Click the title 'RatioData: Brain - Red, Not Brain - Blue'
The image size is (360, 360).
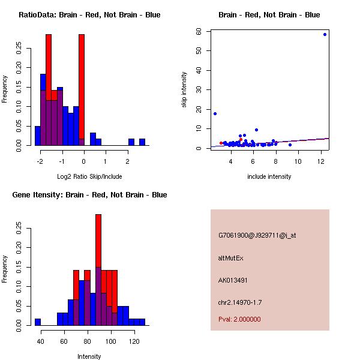click(x=89, y=15)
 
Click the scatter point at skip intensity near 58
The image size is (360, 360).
click(x=325, y=34)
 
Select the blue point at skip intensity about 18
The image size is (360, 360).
click(x=215, y=113)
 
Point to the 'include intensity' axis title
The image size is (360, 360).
click(x=269, y=176)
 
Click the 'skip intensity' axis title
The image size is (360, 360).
click(x=184, y=89)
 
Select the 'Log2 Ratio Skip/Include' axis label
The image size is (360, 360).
click(x=89, y=176)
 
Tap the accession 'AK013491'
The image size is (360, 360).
click(x=233, y=280)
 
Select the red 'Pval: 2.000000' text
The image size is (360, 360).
click(x=239, y=319)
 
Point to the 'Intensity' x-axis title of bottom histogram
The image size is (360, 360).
click(x=89, y=356)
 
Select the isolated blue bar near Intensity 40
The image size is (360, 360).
click(x=38, y=322)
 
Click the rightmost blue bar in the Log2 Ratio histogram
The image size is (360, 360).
click(x=142, y=142)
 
